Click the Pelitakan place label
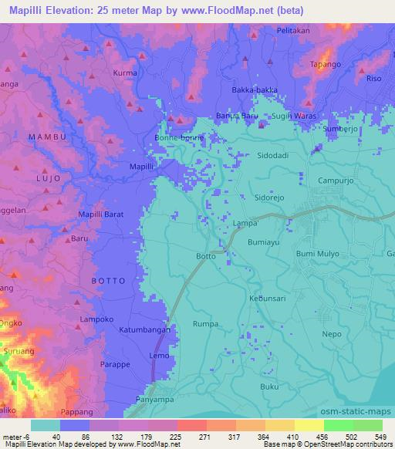pyautogui.click(x=293, y=30)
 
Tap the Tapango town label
pyautogui.click(x=325, y=65)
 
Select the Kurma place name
pyautogui.click(x=124, y=73)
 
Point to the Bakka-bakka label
pyautogui.click(x=255, y=89)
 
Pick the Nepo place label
pyautogui.click(x=331, y=334)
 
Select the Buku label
pyautogui.click(x=268, y=386)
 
